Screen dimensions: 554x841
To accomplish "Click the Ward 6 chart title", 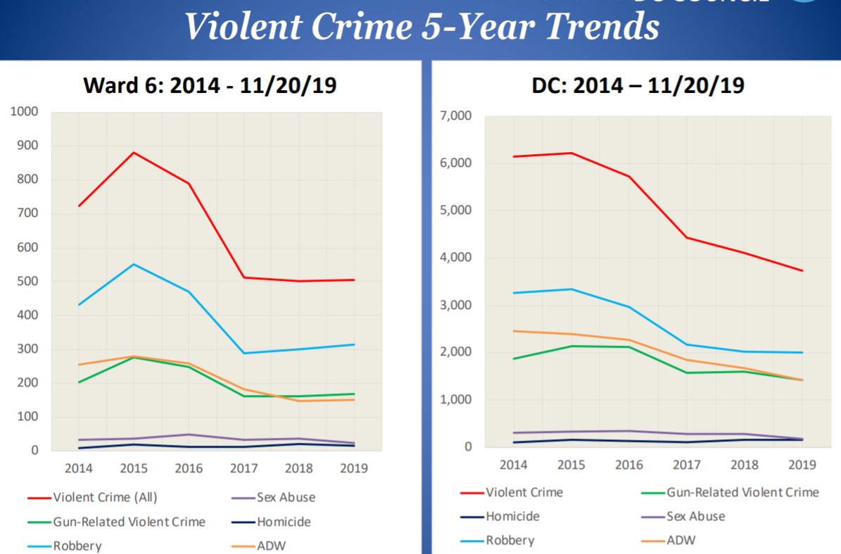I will click(x=210, y=85).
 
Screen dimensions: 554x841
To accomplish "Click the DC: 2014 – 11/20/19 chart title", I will click(x=638, y=85).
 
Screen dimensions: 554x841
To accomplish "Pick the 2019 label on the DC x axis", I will click(x=802, y=465).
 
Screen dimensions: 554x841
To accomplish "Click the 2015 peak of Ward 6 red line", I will click(x=134, y=152).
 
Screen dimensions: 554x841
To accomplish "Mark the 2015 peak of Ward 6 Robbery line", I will click(x=134, y=264).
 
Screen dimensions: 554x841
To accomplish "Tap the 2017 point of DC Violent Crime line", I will click(x=687, y=237).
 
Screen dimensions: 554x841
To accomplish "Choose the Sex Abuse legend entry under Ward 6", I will click(x=284, y=497).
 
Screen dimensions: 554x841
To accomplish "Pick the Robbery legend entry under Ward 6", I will click(x=77, y=546).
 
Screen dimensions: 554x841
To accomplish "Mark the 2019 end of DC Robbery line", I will click(x=803, y=353).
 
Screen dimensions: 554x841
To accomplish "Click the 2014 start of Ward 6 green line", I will click(x=79, y=382).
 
